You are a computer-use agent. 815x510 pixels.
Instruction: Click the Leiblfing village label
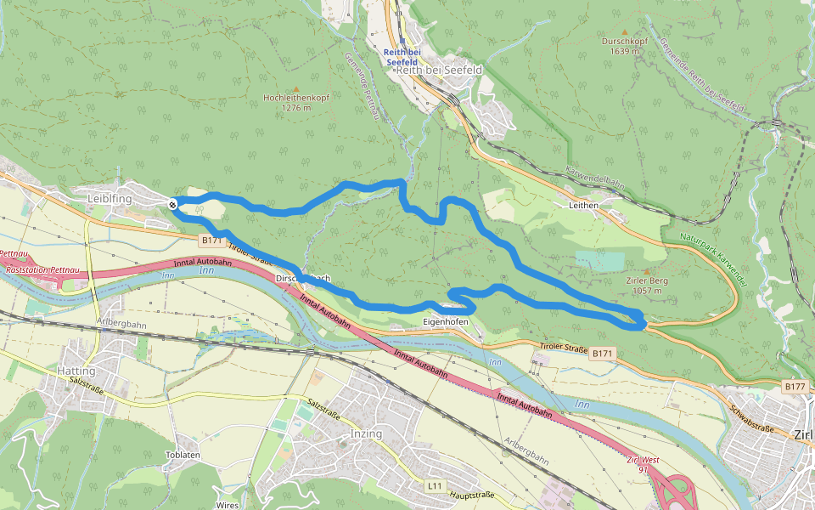(x=110, y=198)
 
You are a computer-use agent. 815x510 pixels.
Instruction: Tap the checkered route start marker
(x=172, y=204)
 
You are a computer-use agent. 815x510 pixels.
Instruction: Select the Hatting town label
(x=76, y=371)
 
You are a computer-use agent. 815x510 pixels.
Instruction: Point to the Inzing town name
(x=366, y=433)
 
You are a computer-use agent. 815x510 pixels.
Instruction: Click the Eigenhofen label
(x=446, y=322)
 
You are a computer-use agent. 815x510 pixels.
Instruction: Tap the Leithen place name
(x=584, y=205)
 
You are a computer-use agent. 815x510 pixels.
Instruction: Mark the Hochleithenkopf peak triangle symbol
(x=296, y=88)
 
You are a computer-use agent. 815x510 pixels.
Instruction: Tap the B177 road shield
(x=795, y=387)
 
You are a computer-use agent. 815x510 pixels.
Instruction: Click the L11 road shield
(x=434, y=485)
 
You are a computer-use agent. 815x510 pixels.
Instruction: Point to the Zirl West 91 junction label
(x=643, y=464)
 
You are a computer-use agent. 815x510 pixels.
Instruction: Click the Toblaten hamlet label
(x=183, y=455)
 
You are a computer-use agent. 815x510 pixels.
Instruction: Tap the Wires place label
(x=228, y=505)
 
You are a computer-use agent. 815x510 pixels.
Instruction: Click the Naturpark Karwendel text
(x=712, y=259)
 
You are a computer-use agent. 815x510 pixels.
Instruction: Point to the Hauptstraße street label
(x=471, y=495)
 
